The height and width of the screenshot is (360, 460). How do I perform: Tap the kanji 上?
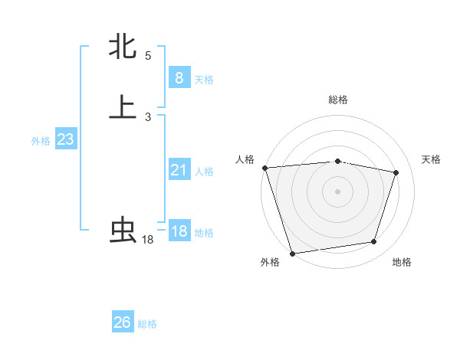tap(123, 107)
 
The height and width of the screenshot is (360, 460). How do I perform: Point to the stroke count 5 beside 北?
tap(148, 56)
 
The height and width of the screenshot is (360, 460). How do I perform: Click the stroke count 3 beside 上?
tap(148, 117)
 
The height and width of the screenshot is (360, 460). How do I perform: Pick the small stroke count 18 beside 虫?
tap(148, 240)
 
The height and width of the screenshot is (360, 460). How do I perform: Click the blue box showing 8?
tap(179, 77)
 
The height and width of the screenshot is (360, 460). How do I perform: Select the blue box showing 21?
tap(179, 170)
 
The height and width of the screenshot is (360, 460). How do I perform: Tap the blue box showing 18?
tap(179, 231)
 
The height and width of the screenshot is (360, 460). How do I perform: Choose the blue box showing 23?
tap(65, 139)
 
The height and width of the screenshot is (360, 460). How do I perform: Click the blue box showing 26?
tap(123, 322)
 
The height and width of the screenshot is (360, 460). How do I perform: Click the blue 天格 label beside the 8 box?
tap(204, 79)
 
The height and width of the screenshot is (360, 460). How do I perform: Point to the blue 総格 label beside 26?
tap(147, 324)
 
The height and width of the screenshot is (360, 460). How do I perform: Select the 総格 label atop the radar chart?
tap(337, 100)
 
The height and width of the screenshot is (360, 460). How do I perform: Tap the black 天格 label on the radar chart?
tap(431, 159)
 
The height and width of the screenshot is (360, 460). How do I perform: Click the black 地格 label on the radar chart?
tap(402, 263)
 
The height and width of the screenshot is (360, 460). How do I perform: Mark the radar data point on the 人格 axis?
tap(264, 168)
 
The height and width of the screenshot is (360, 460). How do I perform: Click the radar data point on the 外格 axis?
tap(292, 253)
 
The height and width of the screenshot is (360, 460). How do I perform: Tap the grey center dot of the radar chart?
tap(337, 191)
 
